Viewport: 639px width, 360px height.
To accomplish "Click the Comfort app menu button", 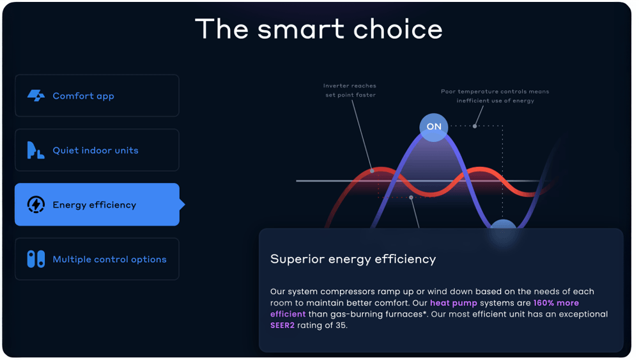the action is pos(97,96).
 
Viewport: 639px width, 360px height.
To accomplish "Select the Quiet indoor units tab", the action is pos(97,150).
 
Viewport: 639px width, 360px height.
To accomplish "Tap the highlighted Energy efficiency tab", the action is pos(97,204).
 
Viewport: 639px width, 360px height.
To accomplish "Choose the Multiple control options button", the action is pos(97,259).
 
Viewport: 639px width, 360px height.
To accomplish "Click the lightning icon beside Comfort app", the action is pos(36,96).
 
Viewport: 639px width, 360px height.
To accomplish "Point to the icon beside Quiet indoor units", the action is pos(35,150).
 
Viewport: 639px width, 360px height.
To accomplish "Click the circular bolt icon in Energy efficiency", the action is pos(36,204).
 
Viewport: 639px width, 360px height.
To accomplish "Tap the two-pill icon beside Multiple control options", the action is pos(36,259).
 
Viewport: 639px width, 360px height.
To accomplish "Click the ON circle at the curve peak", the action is pos(434,127).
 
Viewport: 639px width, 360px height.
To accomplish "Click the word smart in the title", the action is pos(301,29).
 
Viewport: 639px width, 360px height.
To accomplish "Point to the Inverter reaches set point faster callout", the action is pos(350,90).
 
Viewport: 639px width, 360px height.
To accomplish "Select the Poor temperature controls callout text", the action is pos(495,96).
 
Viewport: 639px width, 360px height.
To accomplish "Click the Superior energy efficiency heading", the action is pos(353,260).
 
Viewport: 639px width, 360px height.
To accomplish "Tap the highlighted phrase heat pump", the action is pos(454,303).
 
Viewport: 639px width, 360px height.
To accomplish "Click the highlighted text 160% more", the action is pos(556,303).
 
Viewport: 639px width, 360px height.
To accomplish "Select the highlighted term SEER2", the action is pos(282,325).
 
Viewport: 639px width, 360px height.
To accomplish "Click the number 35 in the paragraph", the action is pos(341,325).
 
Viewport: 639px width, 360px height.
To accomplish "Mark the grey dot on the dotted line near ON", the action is pos(475,126).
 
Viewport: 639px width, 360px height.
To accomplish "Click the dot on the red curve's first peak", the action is pos(372,171).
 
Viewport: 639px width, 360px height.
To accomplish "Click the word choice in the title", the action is pos(397,29).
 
